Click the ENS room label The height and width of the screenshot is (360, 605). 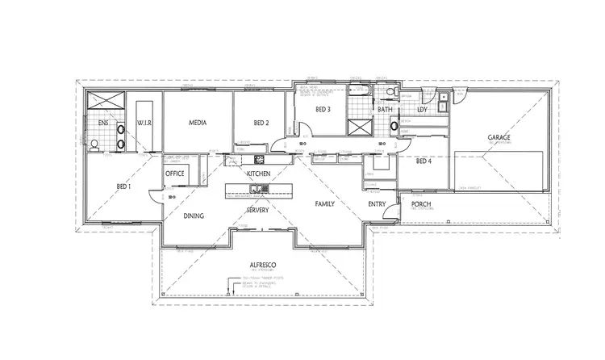pos(103,123)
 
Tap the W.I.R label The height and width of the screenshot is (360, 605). pos(145,123)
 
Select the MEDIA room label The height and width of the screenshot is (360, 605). pos(198,123)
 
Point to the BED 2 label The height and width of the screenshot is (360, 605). pos(261,123)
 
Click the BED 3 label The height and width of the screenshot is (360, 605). pos(323,109)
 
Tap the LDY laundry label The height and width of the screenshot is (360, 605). pos(422,109)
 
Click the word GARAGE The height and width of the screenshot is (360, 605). pos(498,138)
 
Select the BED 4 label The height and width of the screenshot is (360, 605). pos(424,161)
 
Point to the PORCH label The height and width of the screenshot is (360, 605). pos(422,204)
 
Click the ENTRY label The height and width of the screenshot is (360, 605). pos(378,204)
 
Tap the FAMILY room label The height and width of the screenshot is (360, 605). pos(324,204)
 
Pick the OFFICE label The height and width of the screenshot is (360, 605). pos(175,173)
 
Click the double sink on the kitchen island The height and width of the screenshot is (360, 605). pos(255,189)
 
